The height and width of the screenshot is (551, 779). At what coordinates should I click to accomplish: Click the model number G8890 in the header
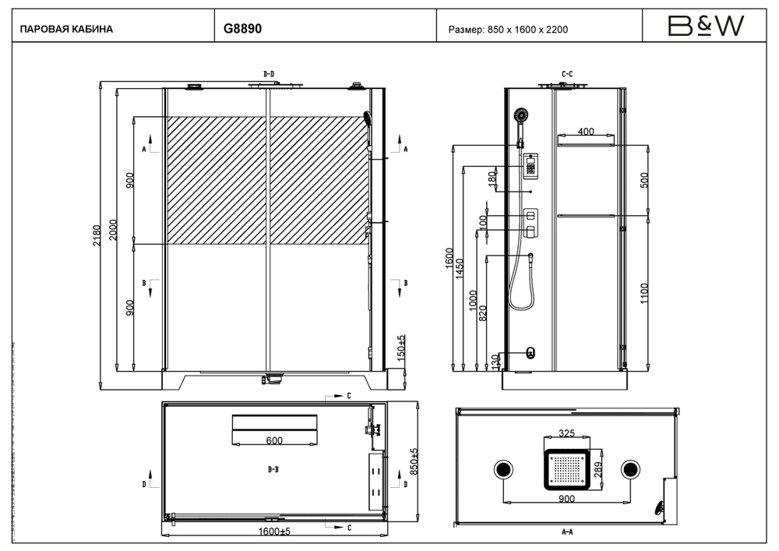click(243, 29)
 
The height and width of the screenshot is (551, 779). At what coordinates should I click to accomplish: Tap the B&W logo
click(706, 27)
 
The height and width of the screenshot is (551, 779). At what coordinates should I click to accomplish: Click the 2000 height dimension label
click(114, 230)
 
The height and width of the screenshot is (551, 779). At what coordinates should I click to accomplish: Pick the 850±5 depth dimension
click(414, 463)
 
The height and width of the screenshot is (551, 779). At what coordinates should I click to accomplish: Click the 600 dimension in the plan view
click(274, 441)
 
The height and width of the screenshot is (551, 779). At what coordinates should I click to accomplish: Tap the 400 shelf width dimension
click(586, 132)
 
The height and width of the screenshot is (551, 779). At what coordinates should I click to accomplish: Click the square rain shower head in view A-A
click(567, 469)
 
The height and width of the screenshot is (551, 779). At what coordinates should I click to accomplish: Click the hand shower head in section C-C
click(520, 117)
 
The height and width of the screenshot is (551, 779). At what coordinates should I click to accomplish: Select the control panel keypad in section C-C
click(530, 165)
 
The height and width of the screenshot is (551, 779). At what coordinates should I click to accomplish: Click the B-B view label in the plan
click(273, 470)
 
